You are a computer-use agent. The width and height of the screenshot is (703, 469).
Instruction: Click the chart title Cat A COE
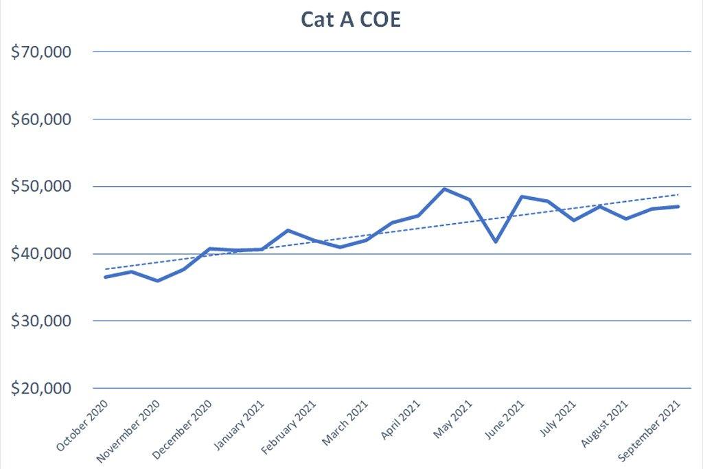[351, 21]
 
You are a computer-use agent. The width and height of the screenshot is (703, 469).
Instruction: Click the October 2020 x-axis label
[83, 426]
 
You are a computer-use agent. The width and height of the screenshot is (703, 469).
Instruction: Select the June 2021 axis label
[506, 421]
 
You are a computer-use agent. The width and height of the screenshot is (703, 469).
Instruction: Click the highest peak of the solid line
[444, 189]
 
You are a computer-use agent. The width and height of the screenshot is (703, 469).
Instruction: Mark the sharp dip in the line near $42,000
[496, 242]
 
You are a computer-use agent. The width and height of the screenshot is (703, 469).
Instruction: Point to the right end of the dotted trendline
[678, 194]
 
